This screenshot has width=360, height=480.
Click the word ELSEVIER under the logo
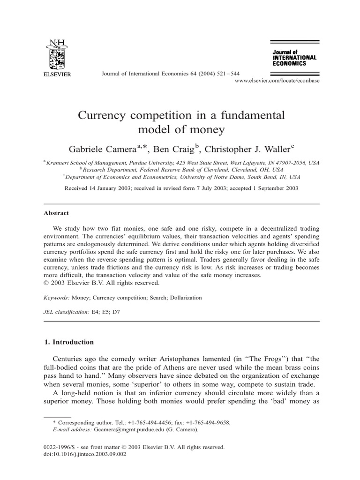57,74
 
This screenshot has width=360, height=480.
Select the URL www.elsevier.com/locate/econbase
277,81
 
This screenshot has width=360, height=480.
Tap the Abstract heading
56,212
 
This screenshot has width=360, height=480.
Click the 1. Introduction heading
68,342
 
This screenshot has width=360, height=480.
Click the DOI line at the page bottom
85,454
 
